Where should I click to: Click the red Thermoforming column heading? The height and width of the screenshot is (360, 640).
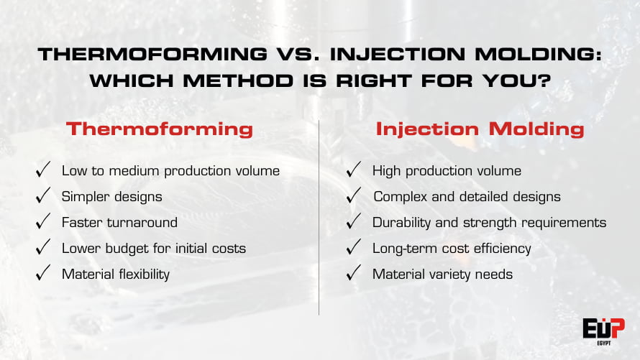click(x=159, y=129)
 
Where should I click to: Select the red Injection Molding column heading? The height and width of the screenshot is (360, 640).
click(x=480, y=129)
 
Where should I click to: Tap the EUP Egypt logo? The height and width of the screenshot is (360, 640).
click(x=603, y=330)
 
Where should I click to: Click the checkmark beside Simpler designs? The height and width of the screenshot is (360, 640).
click(x=43, y=196)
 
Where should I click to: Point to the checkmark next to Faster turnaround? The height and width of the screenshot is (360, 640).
click(x=43, y=222)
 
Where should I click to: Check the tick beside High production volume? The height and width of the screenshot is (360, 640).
click(x=354, y=170)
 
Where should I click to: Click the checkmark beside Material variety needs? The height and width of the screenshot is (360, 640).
click(x=354, y=274)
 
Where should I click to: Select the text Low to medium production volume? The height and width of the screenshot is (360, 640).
click(x=170, y=171)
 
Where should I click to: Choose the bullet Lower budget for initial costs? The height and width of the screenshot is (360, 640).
click(x=154, y=249)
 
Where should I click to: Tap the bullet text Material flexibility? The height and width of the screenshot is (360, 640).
click(x=116, y=274)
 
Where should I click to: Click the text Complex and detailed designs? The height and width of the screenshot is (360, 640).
click(x=467, y=197)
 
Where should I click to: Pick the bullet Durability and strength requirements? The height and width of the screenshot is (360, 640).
click(x=489, y=223)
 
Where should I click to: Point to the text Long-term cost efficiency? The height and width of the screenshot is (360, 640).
click(x=452, y=249)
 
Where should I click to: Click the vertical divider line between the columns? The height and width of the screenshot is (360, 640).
click(x=319, y=216)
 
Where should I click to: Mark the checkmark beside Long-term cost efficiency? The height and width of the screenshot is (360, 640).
click(x=354, y=248)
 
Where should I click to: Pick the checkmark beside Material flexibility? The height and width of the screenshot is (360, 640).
click(x=43, y=274)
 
